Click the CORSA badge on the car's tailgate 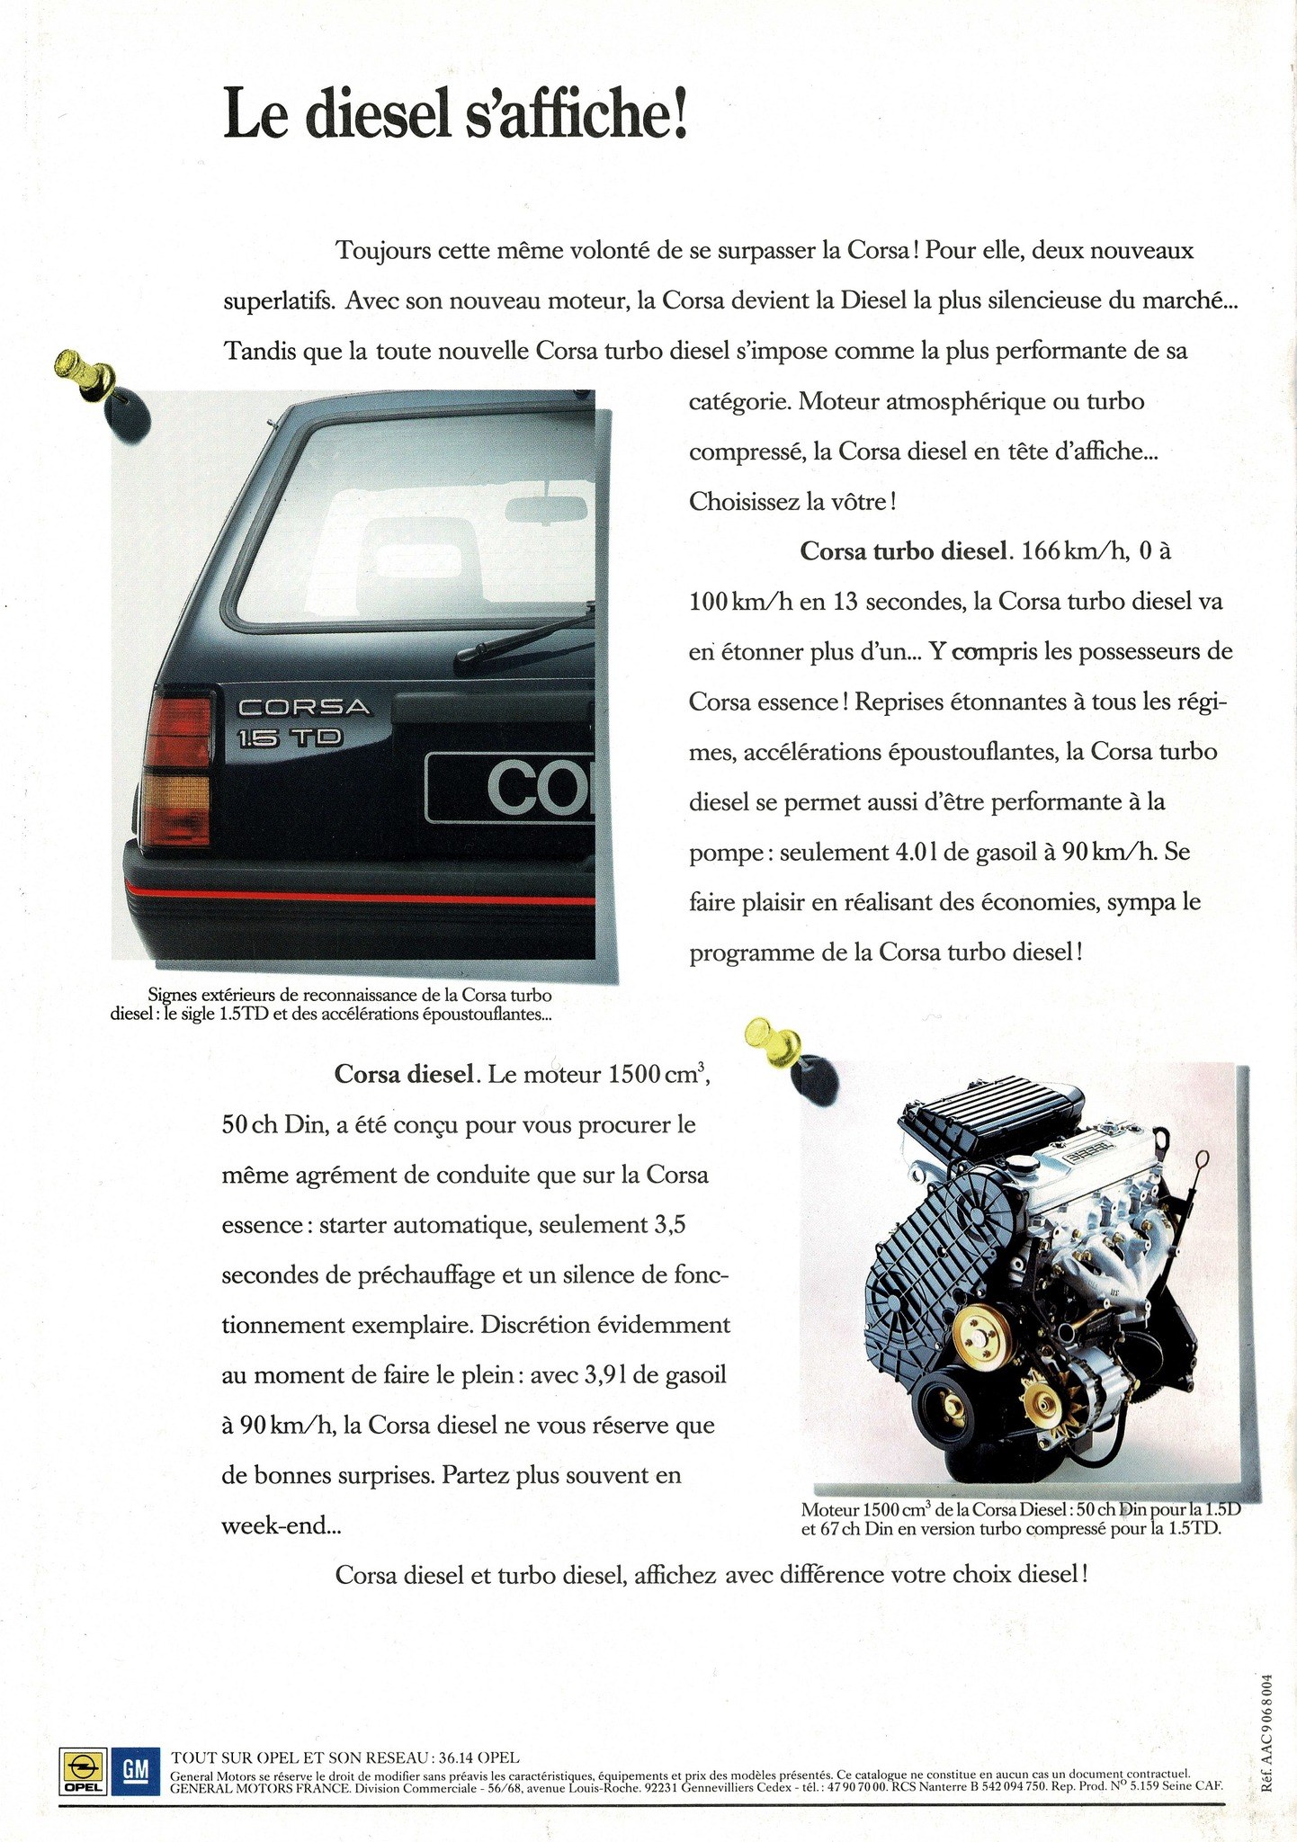point(303,707)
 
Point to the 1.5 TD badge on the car point(289,738)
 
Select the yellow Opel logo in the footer point(82,1771)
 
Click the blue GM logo point(135,1771)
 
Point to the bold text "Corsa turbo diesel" point(903,550)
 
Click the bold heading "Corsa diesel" point(404,1074)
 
